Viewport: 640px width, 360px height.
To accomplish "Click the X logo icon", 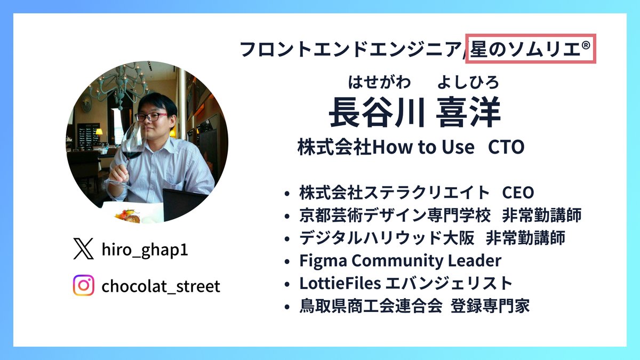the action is [83, 249].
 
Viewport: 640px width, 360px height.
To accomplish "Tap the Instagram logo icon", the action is [83, 285].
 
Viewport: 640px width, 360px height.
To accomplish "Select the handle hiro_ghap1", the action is [145, 250].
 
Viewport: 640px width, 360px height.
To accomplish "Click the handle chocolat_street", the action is [161, 286].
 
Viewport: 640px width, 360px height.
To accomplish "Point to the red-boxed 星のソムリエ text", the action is [530, 49].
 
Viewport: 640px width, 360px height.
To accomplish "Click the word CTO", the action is [506, 147].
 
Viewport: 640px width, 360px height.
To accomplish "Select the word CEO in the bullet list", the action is [518, 193].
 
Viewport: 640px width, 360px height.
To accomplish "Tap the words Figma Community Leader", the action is [401, 261].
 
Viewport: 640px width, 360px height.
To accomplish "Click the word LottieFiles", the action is [340, 283].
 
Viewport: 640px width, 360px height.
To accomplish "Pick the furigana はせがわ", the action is [379, 82].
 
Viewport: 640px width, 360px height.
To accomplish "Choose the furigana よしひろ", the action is [468, 82].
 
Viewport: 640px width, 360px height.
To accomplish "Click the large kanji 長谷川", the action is [377, 112].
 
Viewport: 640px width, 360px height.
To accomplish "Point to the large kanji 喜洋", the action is [468, 112].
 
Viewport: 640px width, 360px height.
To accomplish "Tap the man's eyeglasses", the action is [151, 117].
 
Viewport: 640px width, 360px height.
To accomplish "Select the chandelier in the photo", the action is [120, 83].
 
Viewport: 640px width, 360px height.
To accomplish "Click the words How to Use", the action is [423, 147].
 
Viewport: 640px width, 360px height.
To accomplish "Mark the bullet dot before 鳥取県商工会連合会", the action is [287, 307].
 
